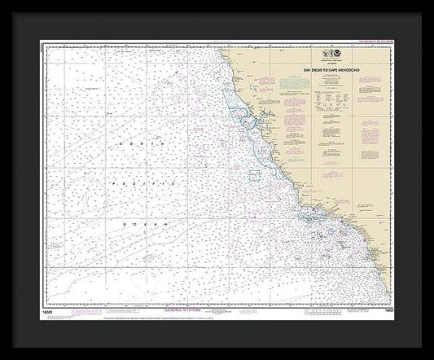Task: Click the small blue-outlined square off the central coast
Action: click(253, 176)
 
